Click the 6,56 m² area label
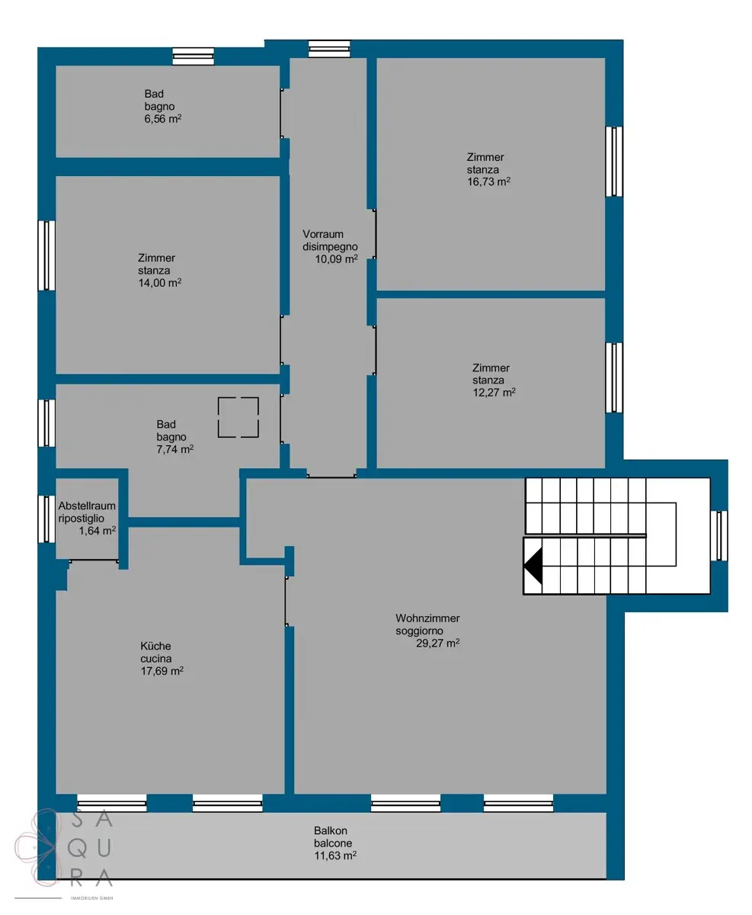(162, 118)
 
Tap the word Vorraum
(323, 234)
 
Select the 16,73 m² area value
(488, 181)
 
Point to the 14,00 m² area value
(159, 282)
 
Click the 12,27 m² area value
(494, 392)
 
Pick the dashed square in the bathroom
(238, 397)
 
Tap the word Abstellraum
(87, 506)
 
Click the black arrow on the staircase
(533, 566)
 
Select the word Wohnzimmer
(427, 618)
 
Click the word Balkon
(330, 830)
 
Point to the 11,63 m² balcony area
(335, 855)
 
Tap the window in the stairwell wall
(718, 535)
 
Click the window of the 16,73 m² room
(614, 162)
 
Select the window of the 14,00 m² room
(46, 255)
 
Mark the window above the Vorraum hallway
(329, 49)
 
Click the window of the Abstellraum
(46, 519)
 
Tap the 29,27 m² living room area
(438, 643)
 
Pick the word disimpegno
(330, 246)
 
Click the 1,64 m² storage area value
(97, 530)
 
